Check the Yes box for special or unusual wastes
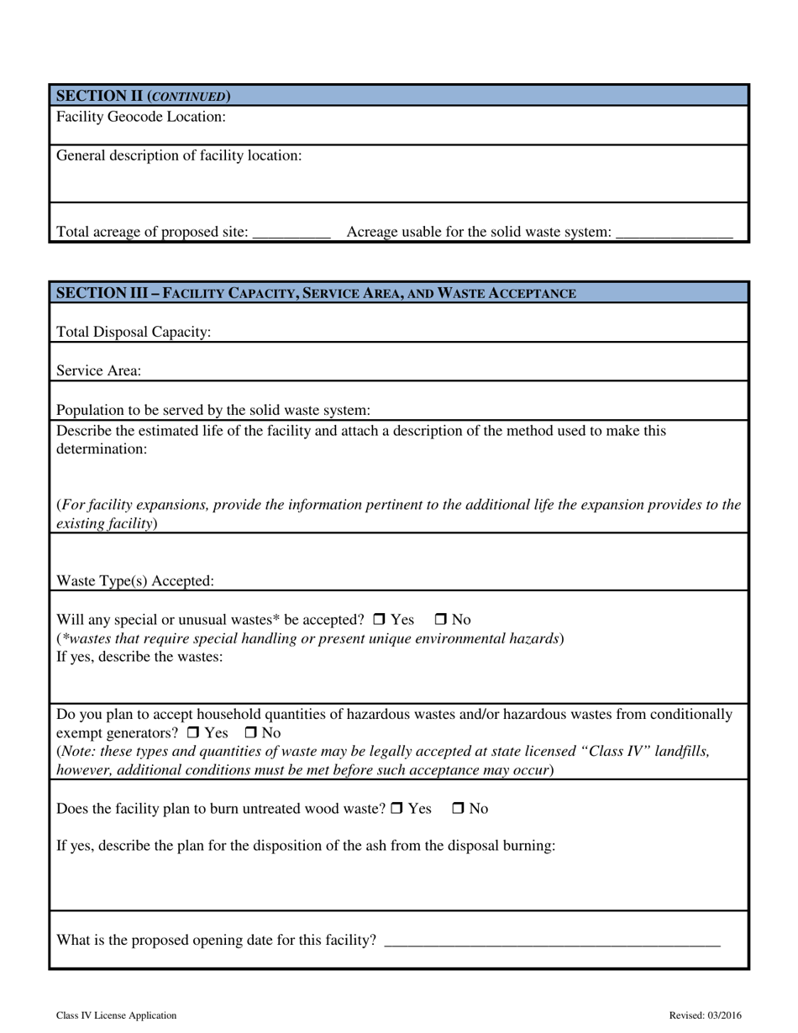click(x=378, y=620)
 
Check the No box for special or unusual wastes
click(x=441, y=620)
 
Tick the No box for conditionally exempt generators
click(x=250, y=733)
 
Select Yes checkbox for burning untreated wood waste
click(x=397, y=809)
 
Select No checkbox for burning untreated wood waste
click(x=459, y=809)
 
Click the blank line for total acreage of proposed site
click(x=291, y=233)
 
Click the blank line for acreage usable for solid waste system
click(x=674, y=233)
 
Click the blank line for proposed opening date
click(x=551, y=941)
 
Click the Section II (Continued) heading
click(x=144, y=96)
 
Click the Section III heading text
click(x=316, y=293)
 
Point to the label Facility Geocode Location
click(x=141, y=117)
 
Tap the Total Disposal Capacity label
click(x=134, y=333)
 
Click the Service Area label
click(x=99, y=371)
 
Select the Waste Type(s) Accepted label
click(x=135, y=581)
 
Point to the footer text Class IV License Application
click(x=117, y=1015)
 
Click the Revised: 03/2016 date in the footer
click(x=705, y=1015)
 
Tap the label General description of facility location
click(x=179, y=155)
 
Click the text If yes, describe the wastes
click(x=139, y=657)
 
